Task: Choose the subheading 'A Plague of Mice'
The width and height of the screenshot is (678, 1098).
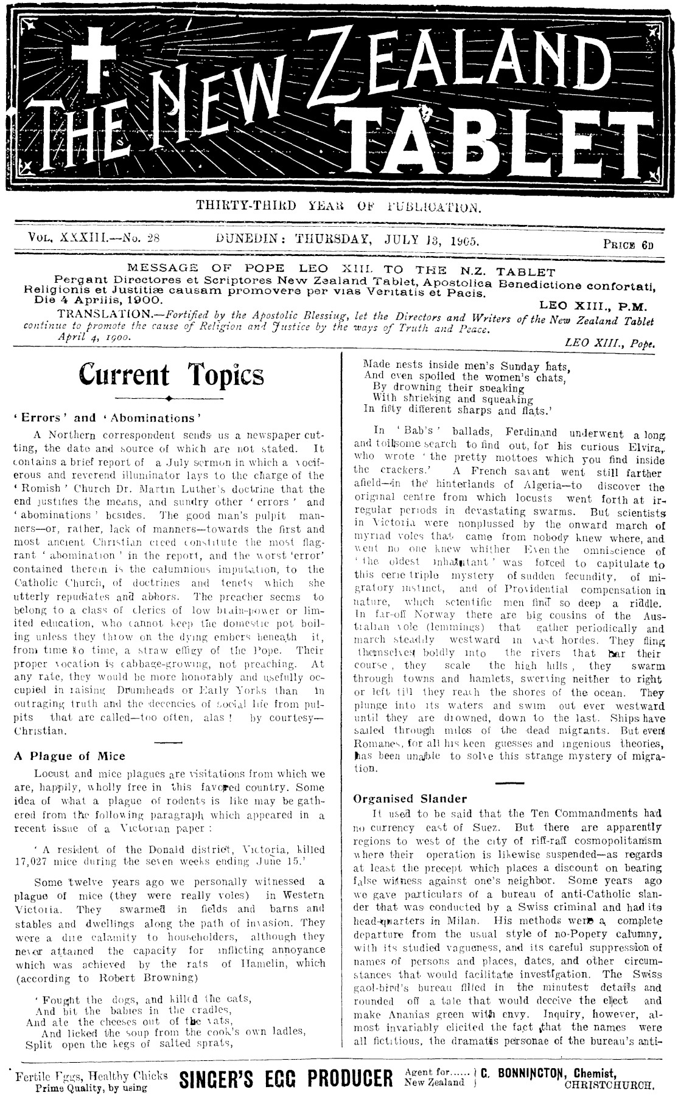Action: [x=69, y=756]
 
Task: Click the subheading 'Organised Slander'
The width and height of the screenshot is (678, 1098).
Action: [x=410, y=799]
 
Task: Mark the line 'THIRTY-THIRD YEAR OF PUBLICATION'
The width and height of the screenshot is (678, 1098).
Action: [x=338, y=205]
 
